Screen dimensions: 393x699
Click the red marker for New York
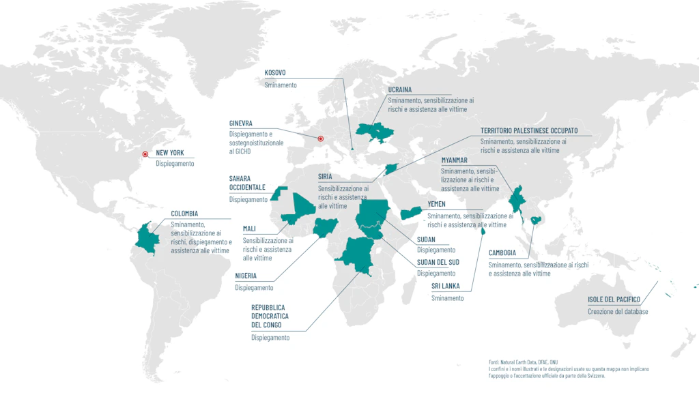point(145,154)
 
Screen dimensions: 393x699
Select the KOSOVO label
point(275,72)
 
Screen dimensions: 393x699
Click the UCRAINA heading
point(400,89)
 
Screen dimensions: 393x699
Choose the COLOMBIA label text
point(184,214)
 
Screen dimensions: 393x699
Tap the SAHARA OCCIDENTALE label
point(247,183)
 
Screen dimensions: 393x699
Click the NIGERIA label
point(246,276)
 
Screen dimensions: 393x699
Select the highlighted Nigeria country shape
point(322,227)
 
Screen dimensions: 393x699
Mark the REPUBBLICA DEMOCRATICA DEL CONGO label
point(270,317)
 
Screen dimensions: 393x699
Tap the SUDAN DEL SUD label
point(438,262)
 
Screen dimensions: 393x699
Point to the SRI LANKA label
point(446,286)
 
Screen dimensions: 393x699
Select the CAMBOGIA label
point(502,252)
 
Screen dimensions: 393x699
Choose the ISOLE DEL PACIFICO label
point(614,300)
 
